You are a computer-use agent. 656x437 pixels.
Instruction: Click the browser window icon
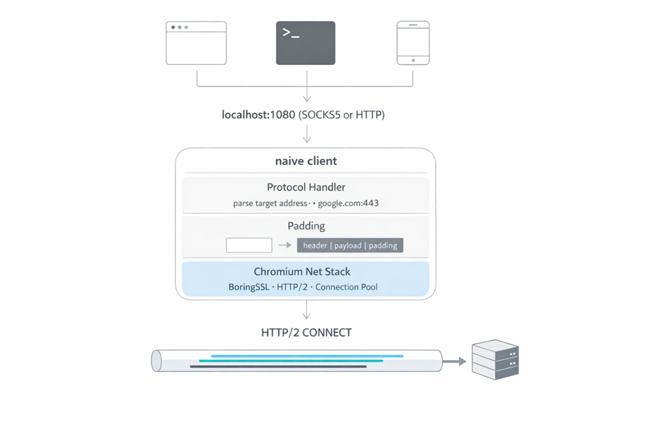[196, 43]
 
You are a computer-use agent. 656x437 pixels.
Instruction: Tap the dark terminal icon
[305, 43]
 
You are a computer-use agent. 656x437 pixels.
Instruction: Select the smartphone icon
[413, 43]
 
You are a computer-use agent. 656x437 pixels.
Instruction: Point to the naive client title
[306, 161]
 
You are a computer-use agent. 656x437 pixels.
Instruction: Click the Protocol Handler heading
[306, 187]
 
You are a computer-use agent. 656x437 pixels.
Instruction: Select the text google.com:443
[349, 203]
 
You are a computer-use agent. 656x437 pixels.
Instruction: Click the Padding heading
[306, 226]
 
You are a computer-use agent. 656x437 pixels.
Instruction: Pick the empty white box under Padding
[249, 245]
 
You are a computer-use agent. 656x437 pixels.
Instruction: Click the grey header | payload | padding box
[350, 245]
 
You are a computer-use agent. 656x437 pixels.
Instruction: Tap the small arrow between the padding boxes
[284, 245]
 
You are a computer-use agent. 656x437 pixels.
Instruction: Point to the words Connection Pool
[347, 287]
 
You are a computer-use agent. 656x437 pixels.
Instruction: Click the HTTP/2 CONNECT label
[306, 332]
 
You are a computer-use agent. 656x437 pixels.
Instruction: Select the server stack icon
[495, 359]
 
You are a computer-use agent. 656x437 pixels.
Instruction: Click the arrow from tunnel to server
[455, 361]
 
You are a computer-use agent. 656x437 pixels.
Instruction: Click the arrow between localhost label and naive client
[307, 134]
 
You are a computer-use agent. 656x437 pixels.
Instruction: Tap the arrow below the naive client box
[307, 310]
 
